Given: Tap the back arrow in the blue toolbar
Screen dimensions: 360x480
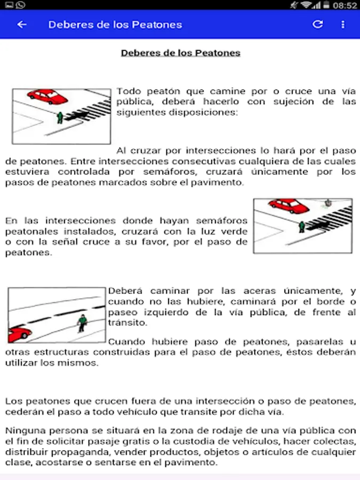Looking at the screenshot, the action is (x=22, y=25).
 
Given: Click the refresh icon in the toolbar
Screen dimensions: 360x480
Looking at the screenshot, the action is (x=318, y=24).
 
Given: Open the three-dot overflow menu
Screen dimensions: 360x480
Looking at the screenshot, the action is (x=343, y=25).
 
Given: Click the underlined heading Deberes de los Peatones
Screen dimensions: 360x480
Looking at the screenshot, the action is (x=181, y=53).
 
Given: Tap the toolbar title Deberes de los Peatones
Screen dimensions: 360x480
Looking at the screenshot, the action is (x=115, y=25).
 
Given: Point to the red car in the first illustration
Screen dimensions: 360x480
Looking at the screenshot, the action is (x=47, y=97).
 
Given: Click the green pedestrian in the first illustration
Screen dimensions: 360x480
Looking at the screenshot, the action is (x=60, y=117).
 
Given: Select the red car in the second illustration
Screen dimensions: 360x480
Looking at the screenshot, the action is (x=289, y=206).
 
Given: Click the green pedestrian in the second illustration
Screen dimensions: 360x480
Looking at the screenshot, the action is (x=302, y=227).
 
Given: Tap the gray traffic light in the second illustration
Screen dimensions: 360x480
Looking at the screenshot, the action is (x=328, y=203).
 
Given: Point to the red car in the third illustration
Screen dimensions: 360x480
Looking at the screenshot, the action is (x=19, y=334).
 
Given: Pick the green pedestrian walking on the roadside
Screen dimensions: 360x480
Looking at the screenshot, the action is (x=82, y=323).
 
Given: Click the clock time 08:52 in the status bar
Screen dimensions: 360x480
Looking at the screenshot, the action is (x=345, y=5).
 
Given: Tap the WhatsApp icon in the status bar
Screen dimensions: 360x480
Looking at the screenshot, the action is (x=20, y=5).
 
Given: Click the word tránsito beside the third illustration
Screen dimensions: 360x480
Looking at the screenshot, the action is (x=127, y=323).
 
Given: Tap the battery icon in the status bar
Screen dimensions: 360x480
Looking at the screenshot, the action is (x=326, y=5).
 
